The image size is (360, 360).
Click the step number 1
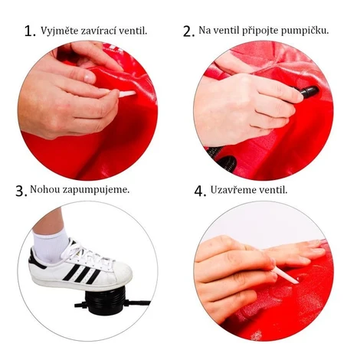point(30,31)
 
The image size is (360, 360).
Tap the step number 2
point(188,31)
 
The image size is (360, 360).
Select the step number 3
point(21,191)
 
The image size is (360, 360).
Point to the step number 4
point(200,191)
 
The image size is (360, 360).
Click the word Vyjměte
point(60,31)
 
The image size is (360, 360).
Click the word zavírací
point(99,31)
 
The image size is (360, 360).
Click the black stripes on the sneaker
point(81,273)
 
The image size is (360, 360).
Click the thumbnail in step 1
point(90,76)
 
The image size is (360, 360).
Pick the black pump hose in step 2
point(223,159)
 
